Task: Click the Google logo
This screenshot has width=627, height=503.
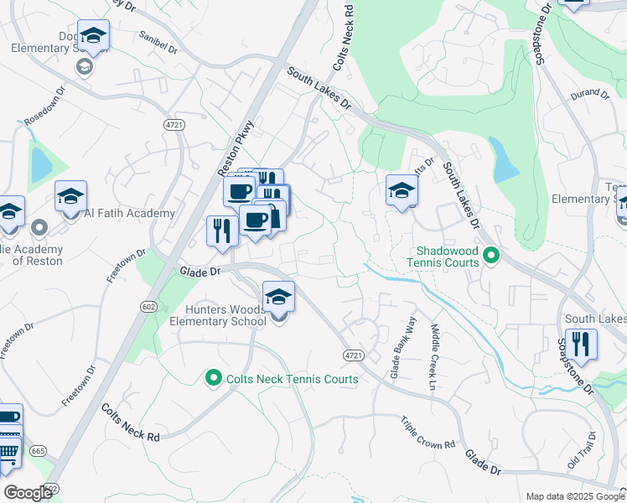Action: (x=28, y=493)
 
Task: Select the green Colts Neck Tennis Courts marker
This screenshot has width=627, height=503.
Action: (x=213, y=379)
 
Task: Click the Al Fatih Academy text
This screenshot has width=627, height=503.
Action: (x=129, y=213)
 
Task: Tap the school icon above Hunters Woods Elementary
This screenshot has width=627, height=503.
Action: (x=278, y=296)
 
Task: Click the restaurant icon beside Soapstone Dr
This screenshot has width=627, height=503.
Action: (x=580, y=342)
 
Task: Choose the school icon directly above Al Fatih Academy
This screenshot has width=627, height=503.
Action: (x=71, y=195)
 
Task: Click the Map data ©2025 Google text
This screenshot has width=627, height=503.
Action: (x=574, y=496)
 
